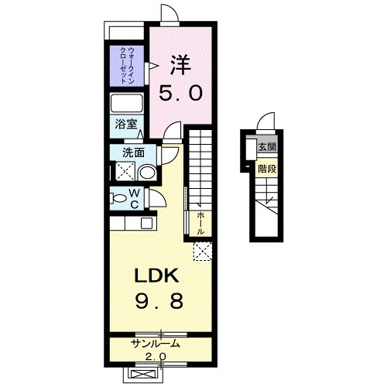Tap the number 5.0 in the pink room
click(x=180, y=93)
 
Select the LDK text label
click(x=156, y=276)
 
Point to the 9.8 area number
click(x=159, y=301)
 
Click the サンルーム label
click(x=156, y=344)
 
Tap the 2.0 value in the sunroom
click(x=156, y=357)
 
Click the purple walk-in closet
click(x=127, y=66)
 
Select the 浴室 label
click(x=126, y=125)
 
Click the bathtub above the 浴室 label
click(x=127, y=104)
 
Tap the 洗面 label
click(x=133, y=152)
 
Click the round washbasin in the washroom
click(x=148, y=173)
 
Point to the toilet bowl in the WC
click(x=118, y=198)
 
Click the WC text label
click(x=135, y=199)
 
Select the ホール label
click(x=200, y=223)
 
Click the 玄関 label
click(x=268, y=147)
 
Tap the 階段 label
click(x=268, y=169)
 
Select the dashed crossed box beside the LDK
click(x=203, y=252)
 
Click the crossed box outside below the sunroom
click(x=143, y=374)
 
